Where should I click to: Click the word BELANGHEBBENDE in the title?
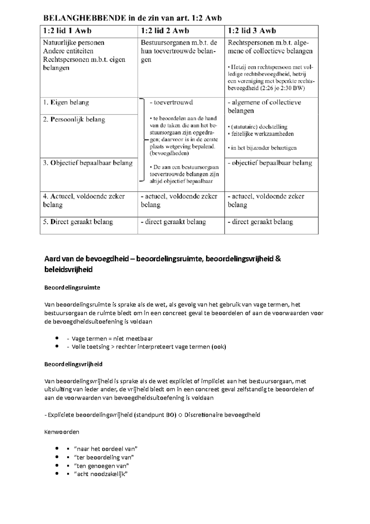click(x=84, y=18)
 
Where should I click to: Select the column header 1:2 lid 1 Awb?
click(x=67, y=31)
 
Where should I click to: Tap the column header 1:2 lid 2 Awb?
click(x=165, y=31)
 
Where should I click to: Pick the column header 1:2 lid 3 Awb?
click(x=252, y=31)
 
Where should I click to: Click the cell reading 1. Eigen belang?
click(x=66, y=102)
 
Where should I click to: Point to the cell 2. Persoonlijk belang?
click(x=74, y=119)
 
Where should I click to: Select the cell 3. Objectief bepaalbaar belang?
click(x=88, y=163)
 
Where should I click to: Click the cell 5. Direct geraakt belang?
click(x=78, y=222)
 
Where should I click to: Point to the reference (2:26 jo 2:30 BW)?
click(x=282, y=88)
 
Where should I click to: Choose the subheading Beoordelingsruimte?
click(x=72, y=288)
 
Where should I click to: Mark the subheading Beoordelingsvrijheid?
click(x=73, y=364)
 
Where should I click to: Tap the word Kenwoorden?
click(x=62, y=432)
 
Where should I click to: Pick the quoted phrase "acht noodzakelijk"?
click(x=101, y=474)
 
